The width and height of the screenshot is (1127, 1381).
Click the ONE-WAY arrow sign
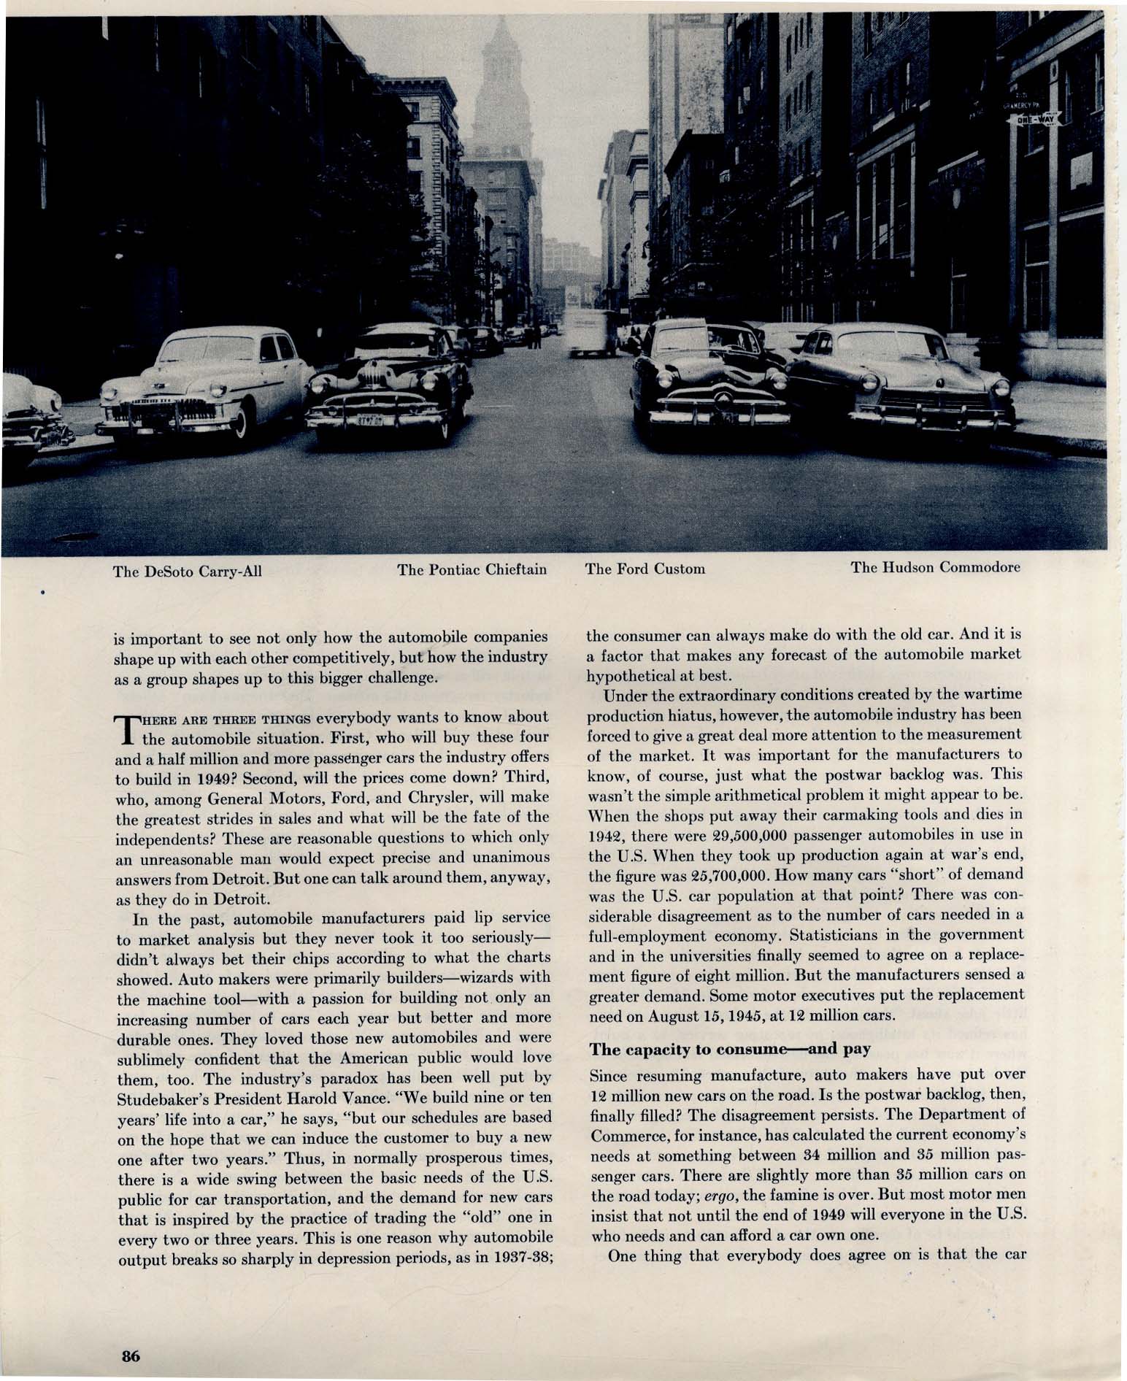pos(1034,119)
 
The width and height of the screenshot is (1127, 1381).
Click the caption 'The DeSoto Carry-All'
pos(187,571)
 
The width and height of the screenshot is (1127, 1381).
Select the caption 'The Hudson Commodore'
pos(936,567)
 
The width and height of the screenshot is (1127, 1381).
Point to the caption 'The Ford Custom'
pos(645,569)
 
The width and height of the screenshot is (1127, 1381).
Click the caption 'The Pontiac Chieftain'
pos(472,569)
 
